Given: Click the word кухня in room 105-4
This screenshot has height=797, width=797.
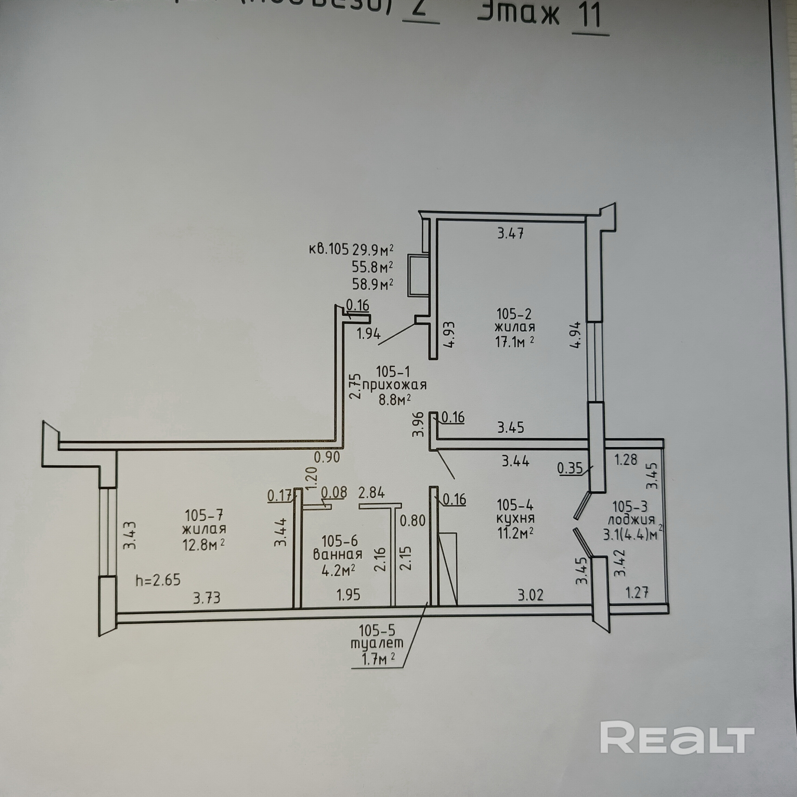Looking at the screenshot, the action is pyautogui.click(x=516, y=518).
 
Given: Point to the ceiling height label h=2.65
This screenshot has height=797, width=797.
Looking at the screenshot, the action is pyautogui.click(x=158, y=580).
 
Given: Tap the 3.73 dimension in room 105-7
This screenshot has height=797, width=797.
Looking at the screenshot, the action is pyautogui.click(x=207, y=597).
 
